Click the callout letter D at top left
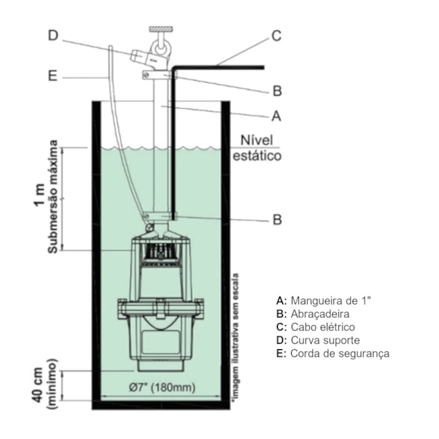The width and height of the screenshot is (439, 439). (53, 35)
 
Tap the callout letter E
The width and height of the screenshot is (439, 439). (53, 77)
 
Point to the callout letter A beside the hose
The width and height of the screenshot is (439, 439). (275, 116)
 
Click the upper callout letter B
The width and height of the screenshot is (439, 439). (276, 91)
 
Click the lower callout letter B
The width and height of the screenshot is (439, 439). (276, 219)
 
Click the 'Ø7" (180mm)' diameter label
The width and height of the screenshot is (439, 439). (161, 387)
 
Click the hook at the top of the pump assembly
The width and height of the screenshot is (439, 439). (162, 45)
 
